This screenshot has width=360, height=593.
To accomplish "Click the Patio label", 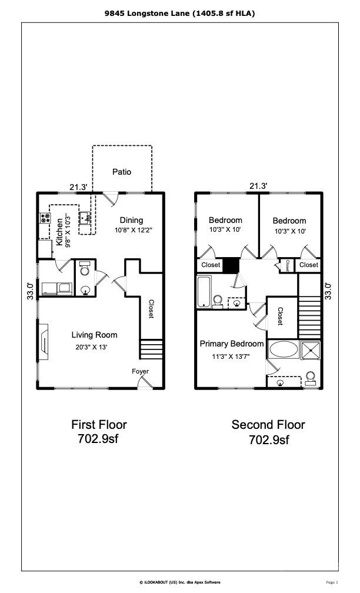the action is (122, 172).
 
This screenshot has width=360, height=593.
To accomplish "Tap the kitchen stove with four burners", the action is (45, 218).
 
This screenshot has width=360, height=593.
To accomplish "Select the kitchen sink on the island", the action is (85, 218).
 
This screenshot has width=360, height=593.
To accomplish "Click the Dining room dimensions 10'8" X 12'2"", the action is (134, 230).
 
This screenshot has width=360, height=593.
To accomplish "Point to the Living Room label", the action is (95, 335).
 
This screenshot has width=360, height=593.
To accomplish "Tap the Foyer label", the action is (140, 371).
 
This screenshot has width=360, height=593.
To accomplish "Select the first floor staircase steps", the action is (152, 349).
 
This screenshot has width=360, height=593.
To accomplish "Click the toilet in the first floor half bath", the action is (85, 268).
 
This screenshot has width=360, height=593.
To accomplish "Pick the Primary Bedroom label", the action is (231, 344).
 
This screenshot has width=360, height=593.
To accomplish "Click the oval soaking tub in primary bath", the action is (284, 349).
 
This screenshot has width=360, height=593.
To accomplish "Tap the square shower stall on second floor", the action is (311, 350).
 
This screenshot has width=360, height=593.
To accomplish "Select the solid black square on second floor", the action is (231, 265).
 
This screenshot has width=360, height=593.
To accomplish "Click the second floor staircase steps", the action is (309, 317).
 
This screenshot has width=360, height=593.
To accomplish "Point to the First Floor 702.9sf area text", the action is (99, 432).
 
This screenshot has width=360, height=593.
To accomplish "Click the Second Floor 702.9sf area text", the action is (268, 432).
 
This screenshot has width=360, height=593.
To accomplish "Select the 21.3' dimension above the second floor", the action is (259, 186).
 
